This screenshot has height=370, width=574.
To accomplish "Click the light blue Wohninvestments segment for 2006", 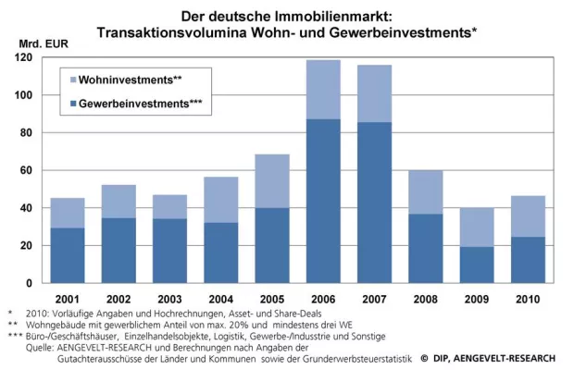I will coord(324,90).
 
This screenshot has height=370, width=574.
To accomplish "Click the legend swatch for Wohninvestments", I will coord(71,80).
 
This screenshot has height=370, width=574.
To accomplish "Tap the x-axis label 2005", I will coord(272,300).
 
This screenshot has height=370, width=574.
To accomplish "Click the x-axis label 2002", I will coord(119,300).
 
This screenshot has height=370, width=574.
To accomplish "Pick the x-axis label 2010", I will coord(529,300).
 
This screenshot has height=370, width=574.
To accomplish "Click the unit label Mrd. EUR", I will coord(43,43).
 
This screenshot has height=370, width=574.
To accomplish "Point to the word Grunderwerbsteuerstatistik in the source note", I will coord(353,357).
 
